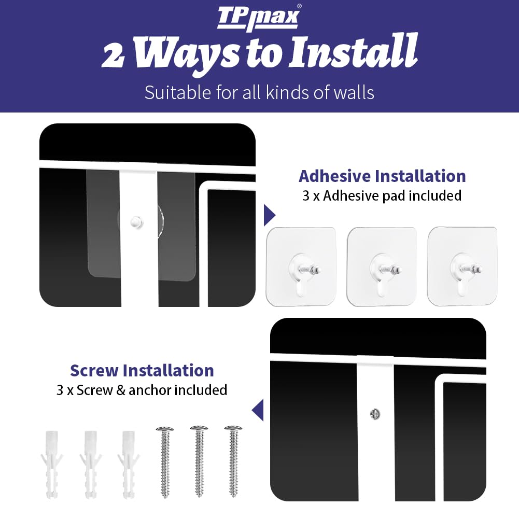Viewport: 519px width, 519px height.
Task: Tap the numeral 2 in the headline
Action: point(113,55)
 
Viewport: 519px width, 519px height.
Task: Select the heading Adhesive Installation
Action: point(382,176)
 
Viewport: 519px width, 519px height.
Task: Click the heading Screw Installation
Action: point(142,370)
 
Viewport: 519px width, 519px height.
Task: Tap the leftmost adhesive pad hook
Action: point(301,266)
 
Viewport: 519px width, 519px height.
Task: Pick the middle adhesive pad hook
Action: point(382,266)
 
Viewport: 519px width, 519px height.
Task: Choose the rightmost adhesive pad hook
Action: point(462,266)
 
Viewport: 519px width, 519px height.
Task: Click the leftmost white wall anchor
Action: point(52,464)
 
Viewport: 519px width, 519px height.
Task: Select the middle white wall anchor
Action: point(91,464)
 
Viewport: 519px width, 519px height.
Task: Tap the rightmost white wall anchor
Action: point(129,464)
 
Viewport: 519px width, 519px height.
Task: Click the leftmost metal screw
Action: point(165,462)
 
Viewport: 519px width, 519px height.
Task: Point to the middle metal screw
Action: point(199,461)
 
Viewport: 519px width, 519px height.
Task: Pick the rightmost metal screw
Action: point(233,461)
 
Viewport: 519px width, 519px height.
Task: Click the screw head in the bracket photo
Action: point(375,414)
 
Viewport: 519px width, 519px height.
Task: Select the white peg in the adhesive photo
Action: point(137,222)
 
